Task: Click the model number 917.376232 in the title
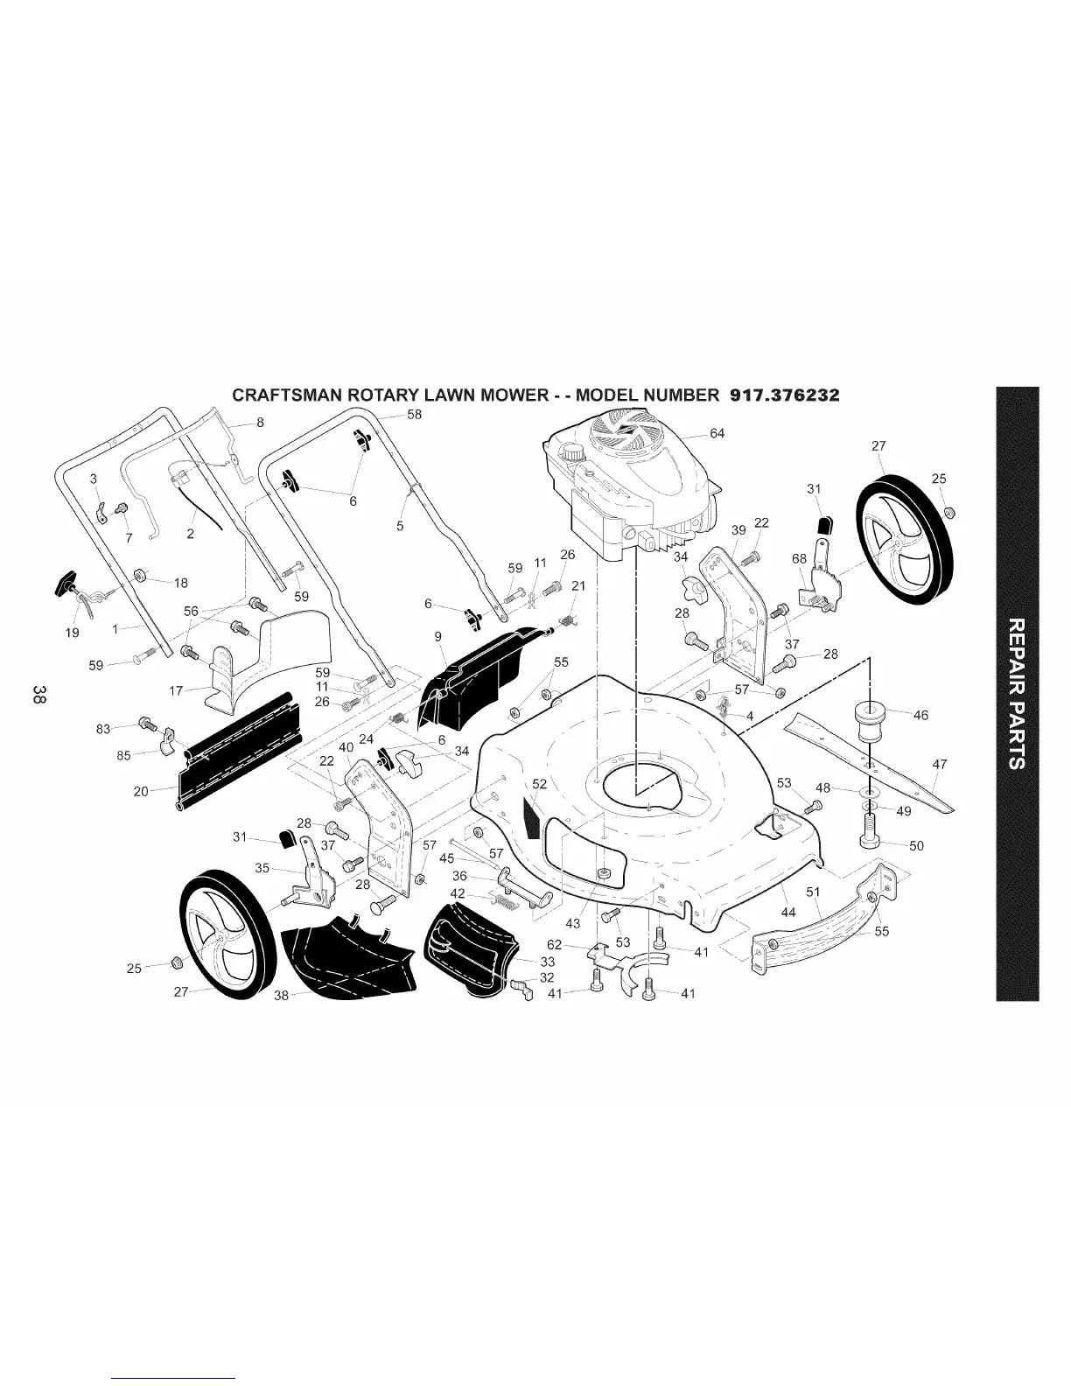tap(783, 395)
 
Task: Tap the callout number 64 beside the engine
tap(717, 433)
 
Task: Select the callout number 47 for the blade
tap(940, 764)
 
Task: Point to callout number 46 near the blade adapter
tap(920, 715)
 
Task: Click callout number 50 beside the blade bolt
tap(917, 846)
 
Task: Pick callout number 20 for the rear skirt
tap(140, 791)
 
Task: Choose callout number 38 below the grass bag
tap(281, 995)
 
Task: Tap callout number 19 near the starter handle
tap(72, 633)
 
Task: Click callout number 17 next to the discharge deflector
tap(176, 690)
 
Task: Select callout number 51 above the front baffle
tap(813, 892)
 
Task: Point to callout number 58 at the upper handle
tap(415, 414)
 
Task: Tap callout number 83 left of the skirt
tap(103, 728)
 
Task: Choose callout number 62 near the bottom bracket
tap(555, 944)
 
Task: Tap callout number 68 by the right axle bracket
tap(798, 558)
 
